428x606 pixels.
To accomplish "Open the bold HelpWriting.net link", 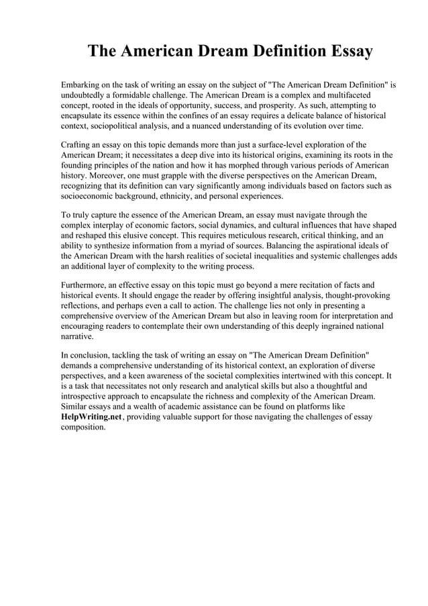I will pos(90,417).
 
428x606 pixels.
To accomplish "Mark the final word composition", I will pos(84,427).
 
